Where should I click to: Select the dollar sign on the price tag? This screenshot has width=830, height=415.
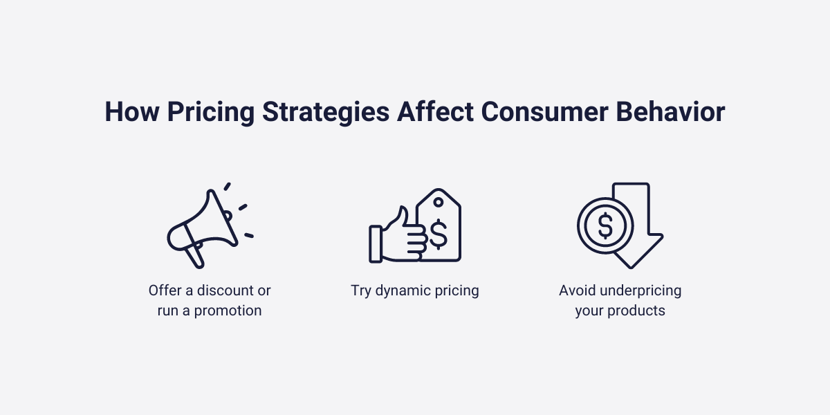click(438, 233)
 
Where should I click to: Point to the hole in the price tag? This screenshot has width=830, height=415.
click(438, 202)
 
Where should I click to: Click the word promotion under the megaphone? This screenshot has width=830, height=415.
click(228, 311)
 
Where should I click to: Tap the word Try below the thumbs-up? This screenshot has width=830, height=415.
click(361, 290)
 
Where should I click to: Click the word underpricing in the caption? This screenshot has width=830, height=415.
click(637, 290)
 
